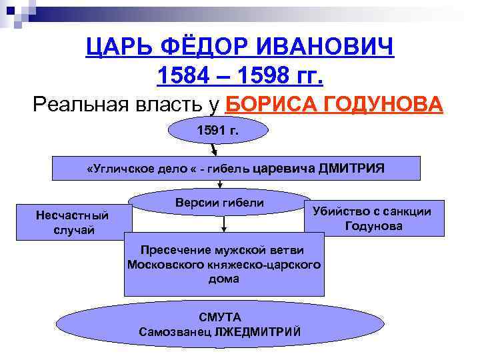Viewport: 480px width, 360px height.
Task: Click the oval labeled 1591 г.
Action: pyautogui.click(x=217, y=131)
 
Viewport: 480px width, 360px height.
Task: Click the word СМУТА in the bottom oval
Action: pyautogui.click(x=219, y=317)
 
